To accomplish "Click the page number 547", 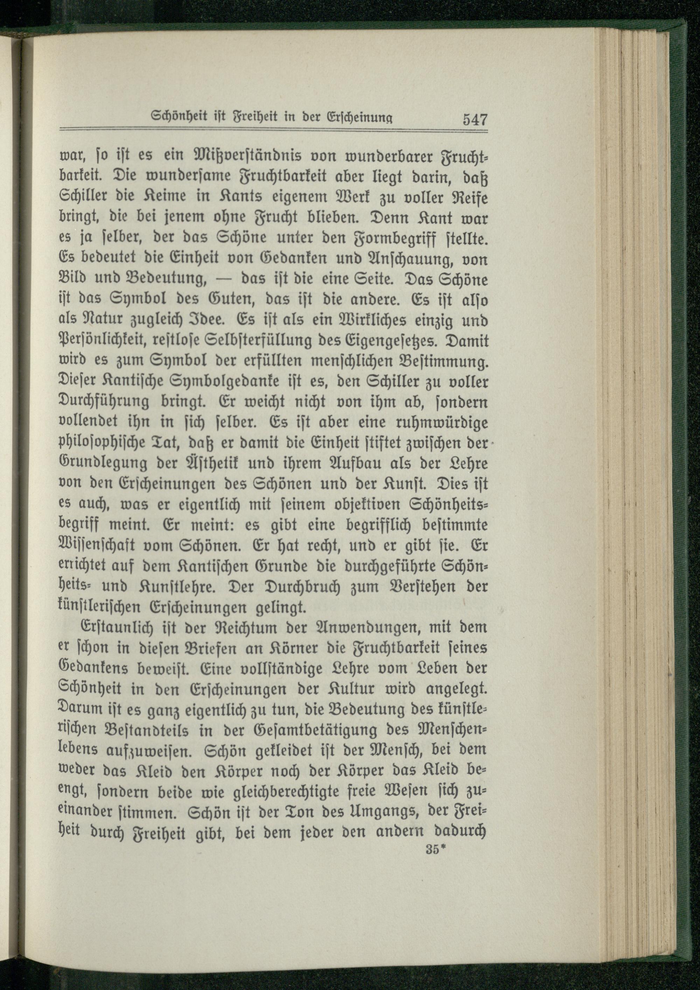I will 475,118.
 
